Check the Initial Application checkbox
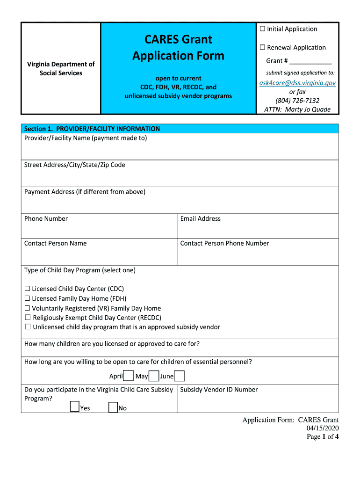point(262,29)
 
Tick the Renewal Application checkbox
point(262,47)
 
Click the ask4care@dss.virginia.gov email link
point(297,83)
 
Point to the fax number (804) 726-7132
point(297,101)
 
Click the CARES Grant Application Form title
point(178,47)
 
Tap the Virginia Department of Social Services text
point(61,68)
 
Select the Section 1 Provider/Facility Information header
point(92,129)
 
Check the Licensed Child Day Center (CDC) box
point(27,289)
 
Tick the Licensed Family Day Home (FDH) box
point(27,298)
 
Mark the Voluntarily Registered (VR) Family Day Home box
point(27,308)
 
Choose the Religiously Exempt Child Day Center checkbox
point(28,318)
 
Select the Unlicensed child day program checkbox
point(28,327)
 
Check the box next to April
point(128,376)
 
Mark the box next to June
point(179,376)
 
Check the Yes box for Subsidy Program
point(74,407)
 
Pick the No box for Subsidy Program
point(113,407)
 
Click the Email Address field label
point(200,218)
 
